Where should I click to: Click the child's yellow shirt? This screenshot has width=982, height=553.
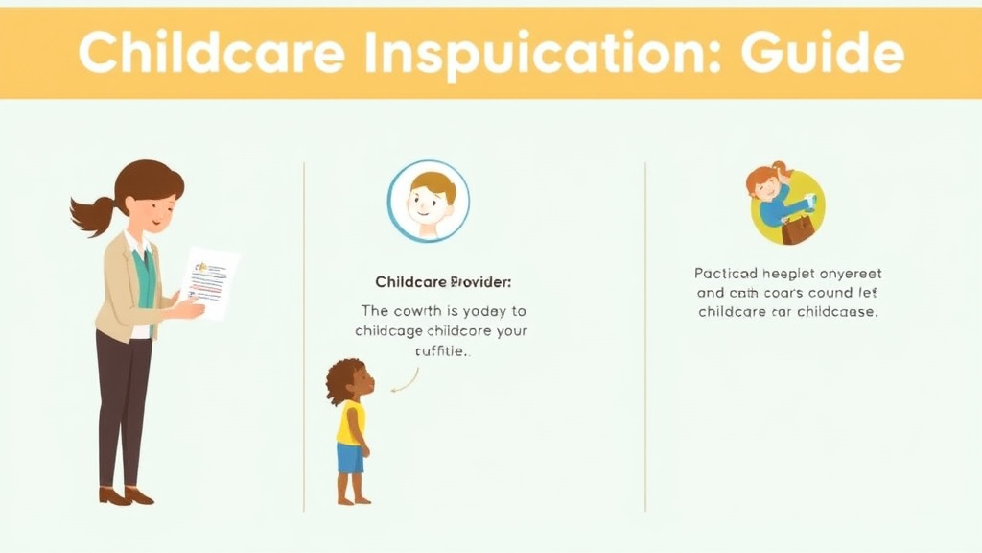pos(351,422)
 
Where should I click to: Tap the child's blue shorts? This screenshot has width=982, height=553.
pos(350,457)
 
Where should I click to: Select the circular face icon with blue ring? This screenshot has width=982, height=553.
pos(428,201)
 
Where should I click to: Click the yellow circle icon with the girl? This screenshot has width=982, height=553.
pos(787,205)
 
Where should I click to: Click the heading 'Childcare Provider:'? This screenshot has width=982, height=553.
pos(443,282)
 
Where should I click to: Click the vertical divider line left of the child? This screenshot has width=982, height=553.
pos(304,336)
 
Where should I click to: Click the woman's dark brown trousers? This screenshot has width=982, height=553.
pos(124,403)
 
